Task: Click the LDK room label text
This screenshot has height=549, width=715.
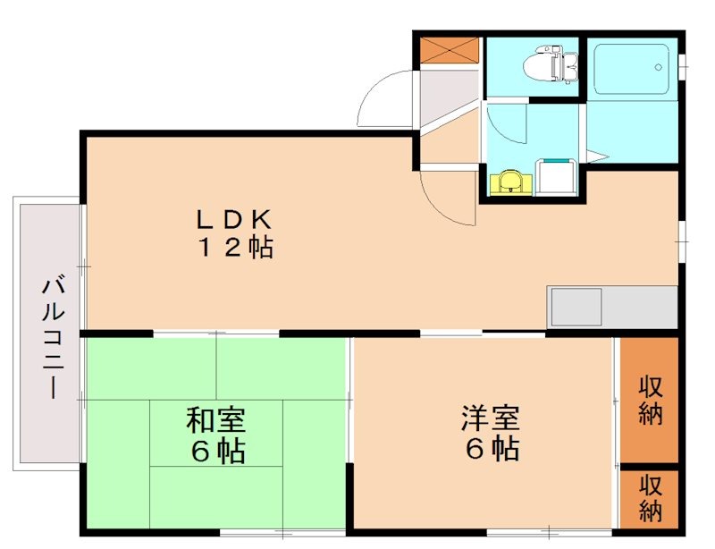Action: [x=234, y=218]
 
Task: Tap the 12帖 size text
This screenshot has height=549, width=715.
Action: [x=234, y=249]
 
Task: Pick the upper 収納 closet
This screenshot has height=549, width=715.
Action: [x=650, y=401]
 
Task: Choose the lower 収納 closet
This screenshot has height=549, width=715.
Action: [x=650, y=498]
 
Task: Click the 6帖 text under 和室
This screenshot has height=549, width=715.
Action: [x=216, y=452]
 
